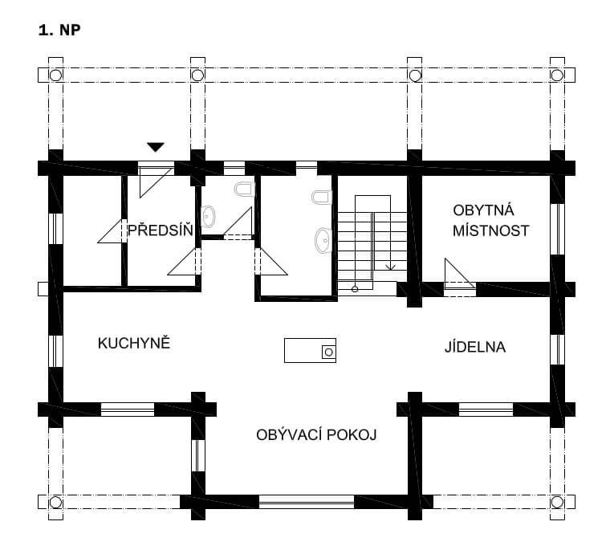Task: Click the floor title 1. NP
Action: click(59, 30)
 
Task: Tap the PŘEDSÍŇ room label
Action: click(161, 230)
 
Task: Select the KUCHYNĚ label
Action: click(134, 343)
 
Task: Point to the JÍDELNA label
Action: click(475, 347)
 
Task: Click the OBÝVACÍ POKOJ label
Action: click(316, 434)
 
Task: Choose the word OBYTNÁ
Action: click(483, 210)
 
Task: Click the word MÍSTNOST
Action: click(491, 230)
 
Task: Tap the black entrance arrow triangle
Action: click(156, 147)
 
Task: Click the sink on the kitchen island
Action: click(329, 352)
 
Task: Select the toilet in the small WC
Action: click(244, 189)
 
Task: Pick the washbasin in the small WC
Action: click(208, 216)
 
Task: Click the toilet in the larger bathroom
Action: click(322, 198)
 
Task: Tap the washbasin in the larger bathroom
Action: click(323, 241)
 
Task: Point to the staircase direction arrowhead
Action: click(391, 267)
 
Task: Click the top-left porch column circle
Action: click(55, 75)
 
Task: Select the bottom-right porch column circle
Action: click(557, 502)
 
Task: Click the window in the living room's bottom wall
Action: click(307, 502)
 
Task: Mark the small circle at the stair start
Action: click(355, 289)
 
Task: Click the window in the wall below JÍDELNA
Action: click(486, 409)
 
